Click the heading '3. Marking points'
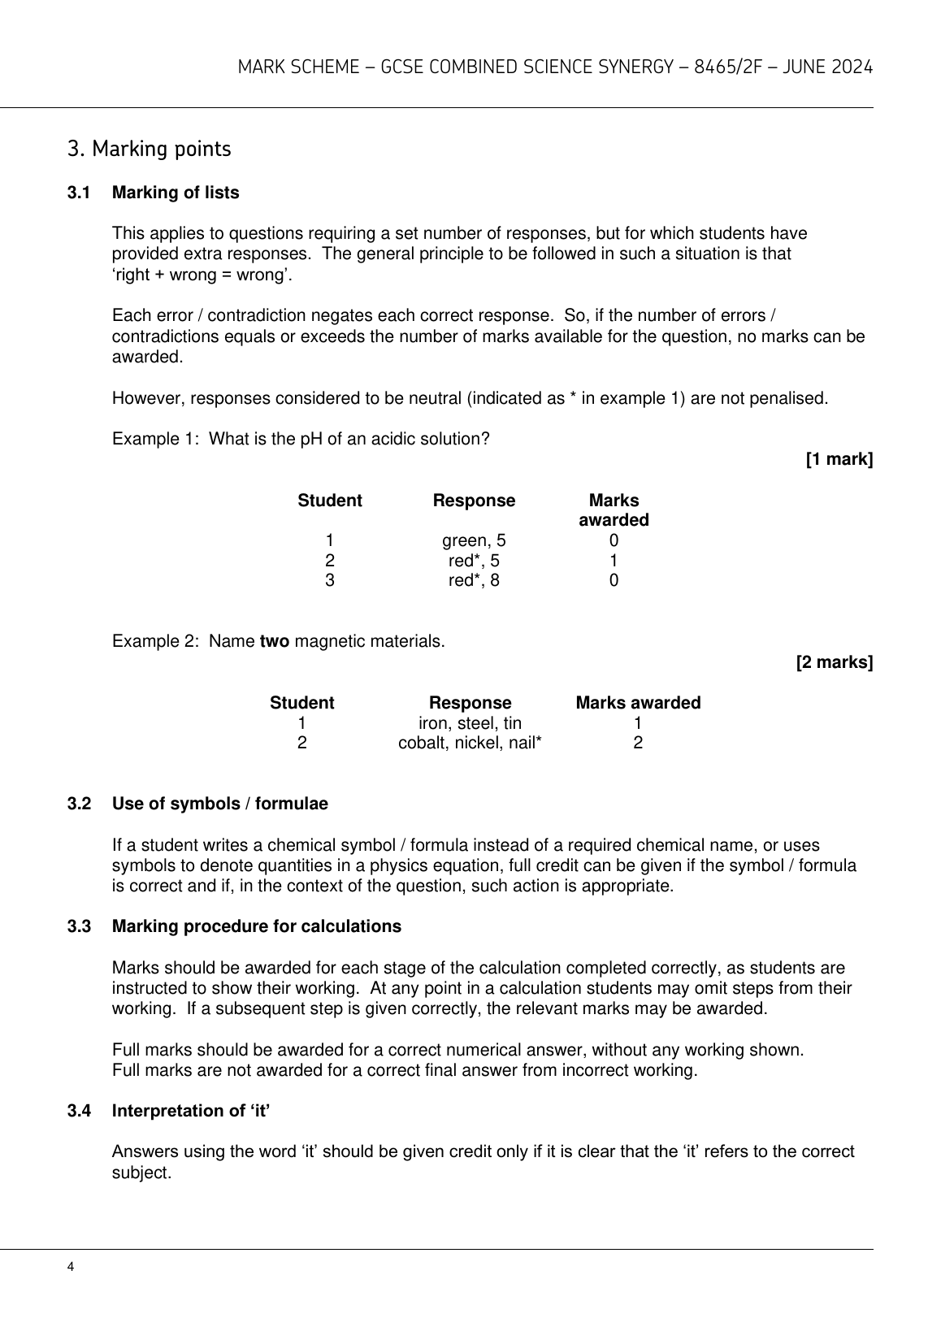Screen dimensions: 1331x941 (x=150, y=150)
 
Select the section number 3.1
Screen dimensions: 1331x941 (x=78, y=193)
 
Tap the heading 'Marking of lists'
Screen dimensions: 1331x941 (x=176, y=193)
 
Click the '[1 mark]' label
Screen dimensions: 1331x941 (x=839, y=460)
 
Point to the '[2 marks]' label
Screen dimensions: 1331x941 (x=834, y=662)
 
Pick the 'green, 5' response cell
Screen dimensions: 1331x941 (x=474, y=540)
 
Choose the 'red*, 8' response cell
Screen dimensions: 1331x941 (x=474, y=580)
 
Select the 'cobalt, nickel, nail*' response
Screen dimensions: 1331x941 (x=470, y=743)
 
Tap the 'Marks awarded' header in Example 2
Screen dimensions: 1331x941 (x=638, y=703)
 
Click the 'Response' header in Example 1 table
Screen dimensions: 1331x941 (x=474, y=501)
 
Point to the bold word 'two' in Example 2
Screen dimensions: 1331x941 (x=274, y=641)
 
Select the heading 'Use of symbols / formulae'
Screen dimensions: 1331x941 (x=220, y=804)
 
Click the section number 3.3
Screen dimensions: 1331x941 (x=78, y=926)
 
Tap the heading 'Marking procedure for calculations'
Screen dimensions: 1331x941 (x=257, y=926)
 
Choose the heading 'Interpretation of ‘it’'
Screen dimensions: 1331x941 (x=191, y=1111)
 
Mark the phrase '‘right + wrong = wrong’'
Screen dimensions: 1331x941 (x=202, y=275)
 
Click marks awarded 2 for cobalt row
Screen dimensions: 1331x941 (x=638, y=743)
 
